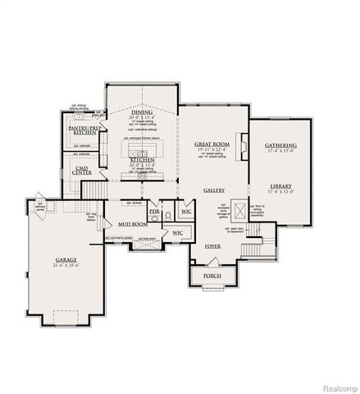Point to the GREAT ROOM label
pyautogui.click(x=211, y=144)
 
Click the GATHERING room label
pyautogui.click(x=280, y=145)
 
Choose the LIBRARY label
pyautogui.click(x=280, y=186)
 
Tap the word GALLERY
pyautogui.click(x=214, y=190)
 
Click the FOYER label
pyautogui.click(x=212, y=245)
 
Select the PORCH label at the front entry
pyautogui.click(x=212, y=276)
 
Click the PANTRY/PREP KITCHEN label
pyautogui.click(x=83, y=129)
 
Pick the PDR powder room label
pyautogui.click(x=154, y=210)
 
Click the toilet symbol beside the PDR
pyautogui.click(x=166, y=218)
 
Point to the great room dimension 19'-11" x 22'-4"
pyautogui.click(x=211, y=151)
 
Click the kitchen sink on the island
pyautogui.click(x=141, y=153)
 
